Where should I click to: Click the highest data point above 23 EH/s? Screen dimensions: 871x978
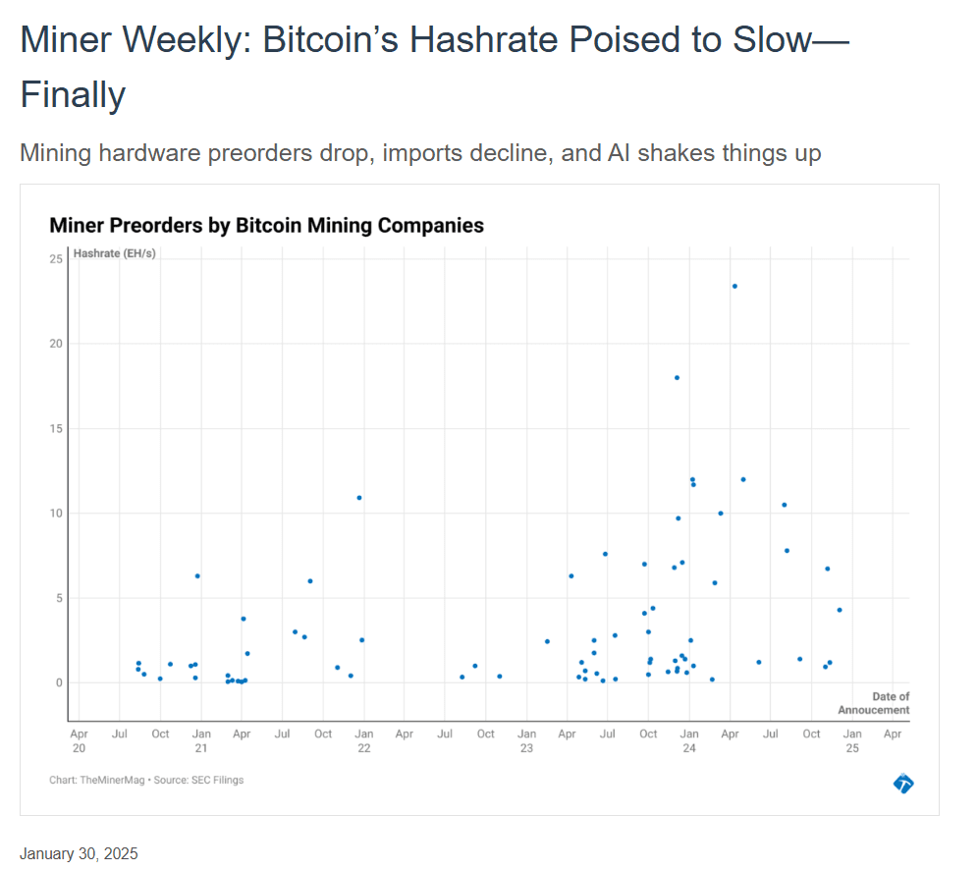coord(734,286)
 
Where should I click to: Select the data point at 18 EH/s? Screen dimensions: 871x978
coord(677,377)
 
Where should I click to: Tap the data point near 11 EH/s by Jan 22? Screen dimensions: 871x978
coord(359,497)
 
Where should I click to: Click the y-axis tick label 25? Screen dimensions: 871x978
coord(56,258)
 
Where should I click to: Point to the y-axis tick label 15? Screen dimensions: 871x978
coord(56,428)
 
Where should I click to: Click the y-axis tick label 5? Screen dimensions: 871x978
coord(59,598)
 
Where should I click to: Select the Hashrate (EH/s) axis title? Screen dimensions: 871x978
coord(114,253)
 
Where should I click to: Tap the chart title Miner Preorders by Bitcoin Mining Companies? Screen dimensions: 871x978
coord(266,225)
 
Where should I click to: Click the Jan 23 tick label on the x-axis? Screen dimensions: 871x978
coord(526,740)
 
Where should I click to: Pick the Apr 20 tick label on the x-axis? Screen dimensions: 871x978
coord(80,740)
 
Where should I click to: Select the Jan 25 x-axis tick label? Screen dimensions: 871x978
coord(851,740)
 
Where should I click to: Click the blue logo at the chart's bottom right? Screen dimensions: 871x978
coord(903,783)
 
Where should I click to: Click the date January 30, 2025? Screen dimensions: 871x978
coord(79,853)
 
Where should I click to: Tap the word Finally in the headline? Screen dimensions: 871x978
coord(73,95)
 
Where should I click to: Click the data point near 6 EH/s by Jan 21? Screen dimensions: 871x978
coord(197,575)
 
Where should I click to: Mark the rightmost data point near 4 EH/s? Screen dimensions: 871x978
coord(840,610)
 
